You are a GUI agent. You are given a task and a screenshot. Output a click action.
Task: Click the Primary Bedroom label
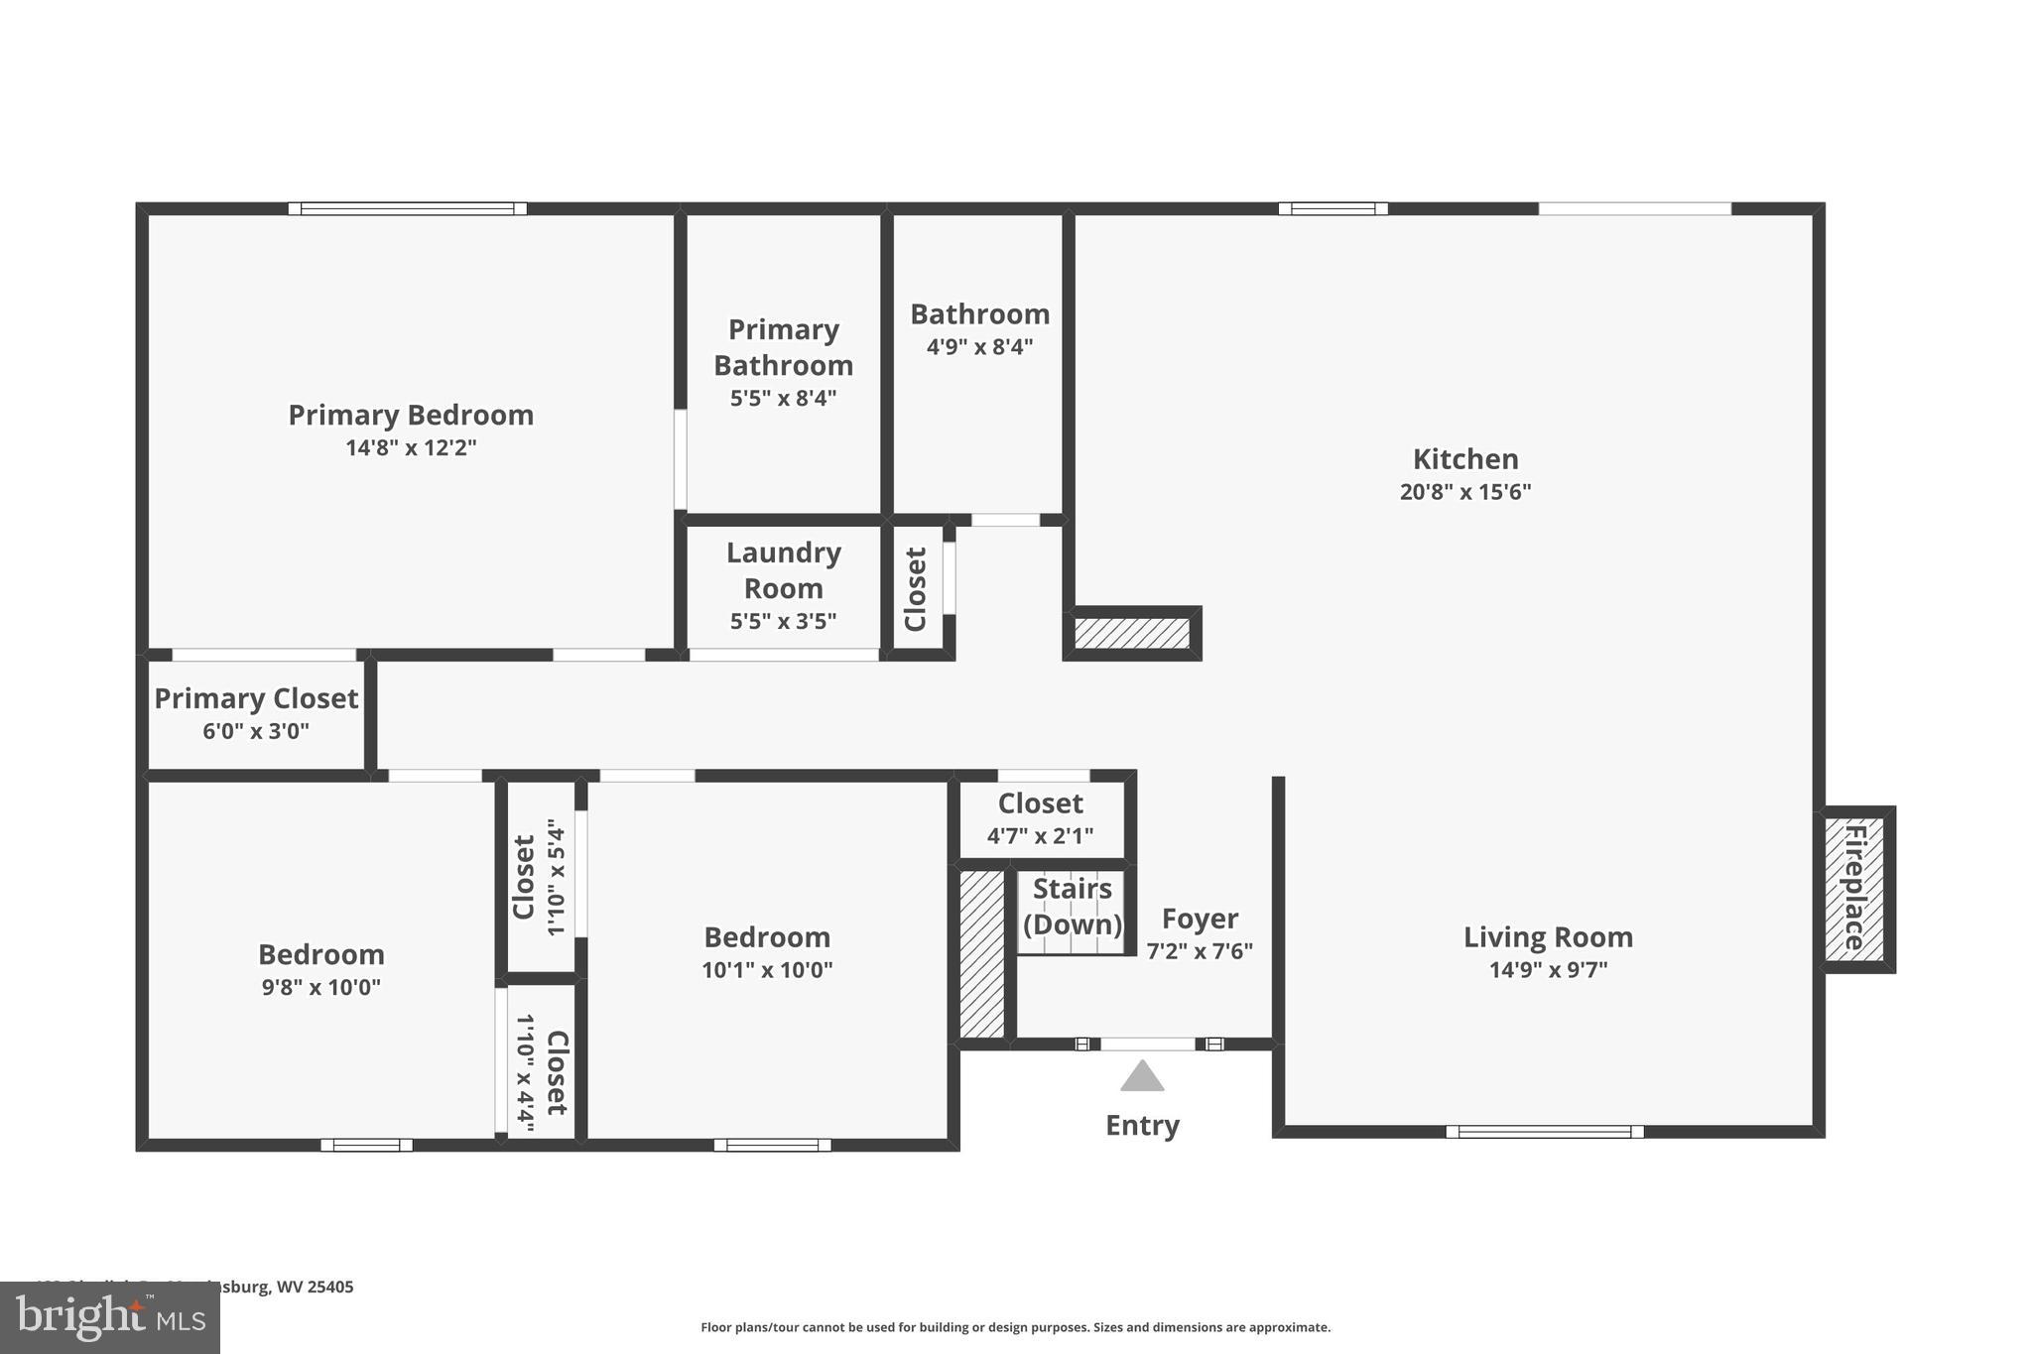411,415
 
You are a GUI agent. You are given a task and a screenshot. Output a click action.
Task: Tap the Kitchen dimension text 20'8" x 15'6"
1465,492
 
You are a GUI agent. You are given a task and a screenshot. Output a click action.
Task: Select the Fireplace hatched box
1854,889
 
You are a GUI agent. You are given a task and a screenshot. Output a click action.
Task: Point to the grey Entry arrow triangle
1142,1076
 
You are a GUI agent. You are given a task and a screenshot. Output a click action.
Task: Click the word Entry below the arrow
1142,1126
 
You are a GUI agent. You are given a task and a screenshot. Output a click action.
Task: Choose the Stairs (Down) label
1072,907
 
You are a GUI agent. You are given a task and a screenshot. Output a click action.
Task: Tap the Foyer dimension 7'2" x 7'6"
1200,951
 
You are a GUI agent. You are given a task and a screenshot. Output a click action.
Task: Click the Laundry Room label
783,570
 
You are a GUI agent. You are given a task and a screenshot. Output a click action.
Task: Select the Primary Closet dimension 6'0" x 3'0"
256,732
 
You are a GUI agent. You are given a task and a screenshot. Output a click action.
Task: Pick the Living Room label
1548,937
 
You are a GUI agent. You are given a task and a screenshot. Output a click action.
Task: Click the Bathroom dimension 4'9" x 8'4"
979,347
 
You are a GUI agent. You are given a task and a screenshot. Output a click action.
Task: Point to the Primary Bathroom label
783,347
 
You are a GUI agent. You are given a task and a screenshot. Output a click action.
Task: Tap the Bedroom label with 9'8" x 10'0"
321,954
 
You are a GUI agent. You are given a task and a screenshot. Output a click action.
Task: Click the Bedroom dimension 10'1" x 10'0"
767,970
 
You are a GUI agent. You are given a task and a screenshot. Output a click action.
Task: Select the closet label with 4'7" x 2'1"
1040,803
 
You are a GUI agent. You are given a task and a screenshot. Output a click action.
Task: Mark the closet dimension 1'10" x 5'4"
556,877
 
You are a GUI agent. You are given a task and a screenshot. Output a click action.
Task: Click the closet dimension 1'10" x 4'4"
525,1073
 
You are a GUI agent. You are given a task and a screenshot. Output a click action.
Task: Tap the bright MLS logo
110,1317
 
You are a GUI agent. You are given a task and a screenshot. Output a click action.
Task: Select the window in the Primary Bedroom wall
407,208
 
